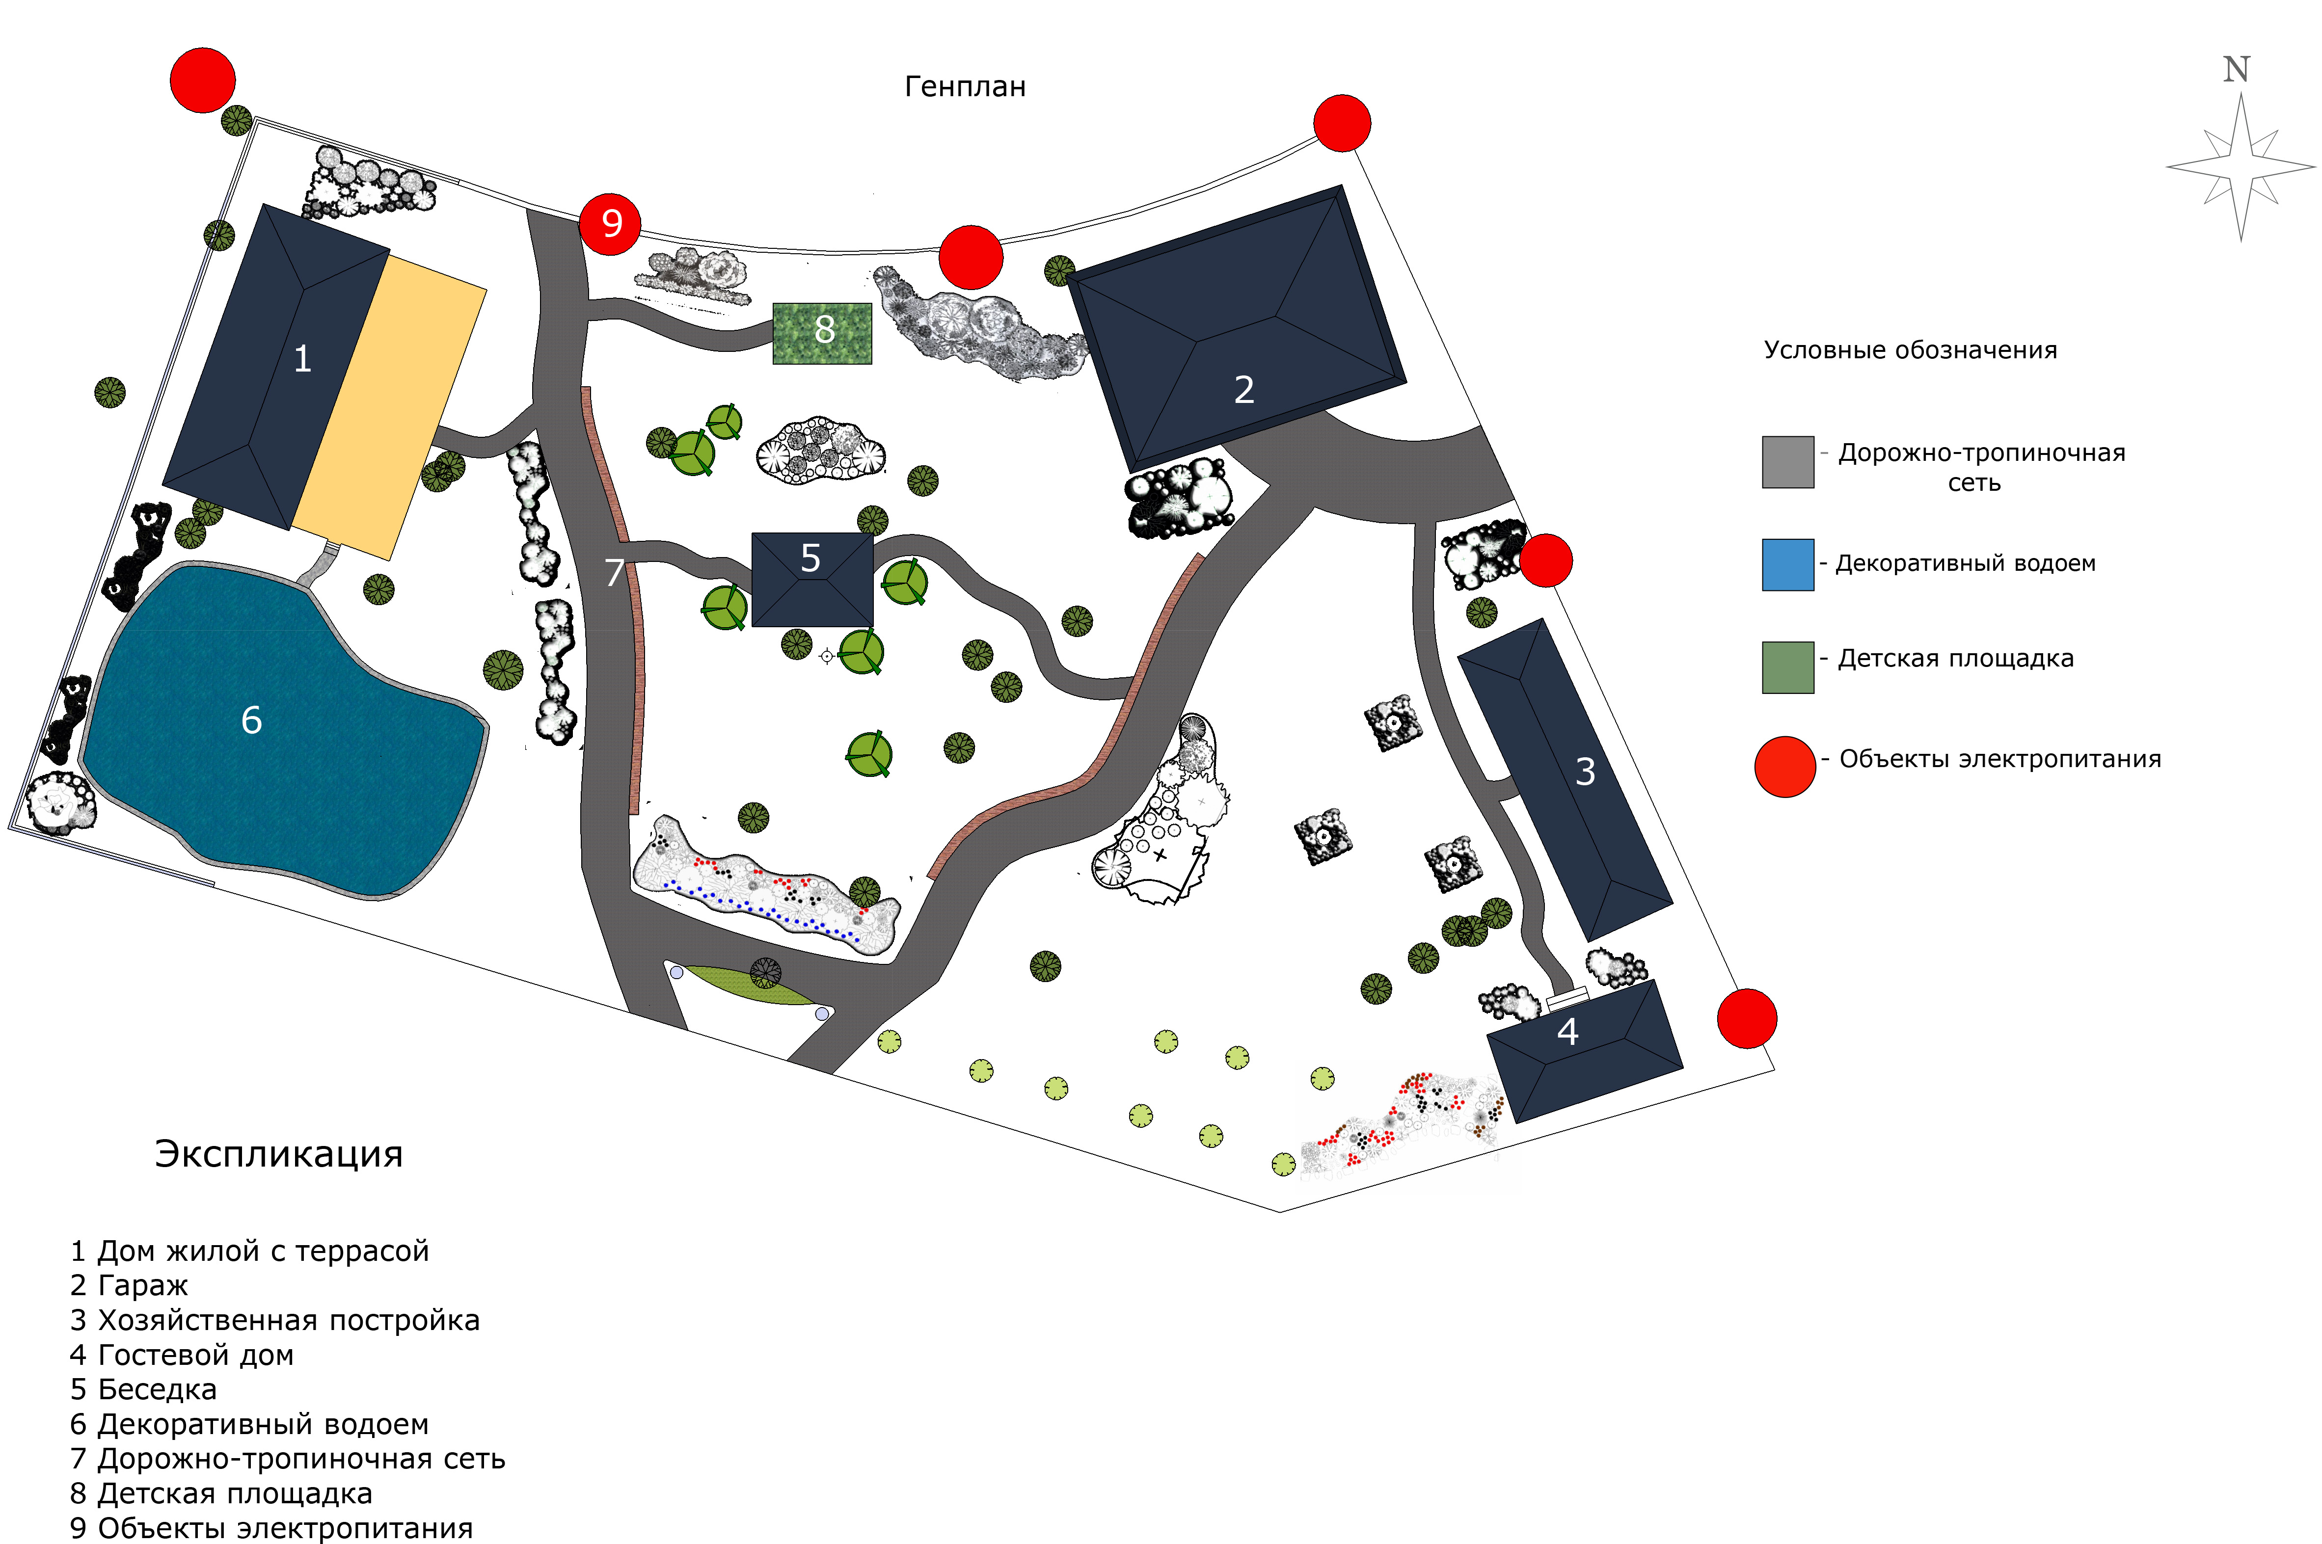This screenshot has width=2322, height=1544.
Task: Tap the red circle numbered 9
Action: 610,223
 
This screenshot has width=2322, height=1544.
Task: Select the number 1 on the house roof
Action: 302,358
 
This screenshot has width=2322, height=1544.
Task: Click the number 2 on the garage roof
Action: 1243,390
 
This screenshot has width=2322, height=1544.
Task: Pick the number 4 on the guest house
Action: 1566,1032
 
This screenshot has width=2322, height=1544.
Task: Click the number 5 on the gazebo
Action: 810,559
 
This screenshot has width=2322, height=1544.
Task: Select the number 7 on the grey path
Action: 615,572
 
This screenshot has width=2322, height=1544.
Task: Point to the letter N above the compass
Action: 2236,69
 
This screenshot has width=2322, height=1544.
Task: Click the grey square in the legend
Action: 1787,462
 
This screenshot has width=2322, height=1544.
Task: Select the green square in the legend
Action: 1787,667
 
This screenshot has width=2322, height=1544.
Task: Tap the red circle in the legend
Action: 1784,766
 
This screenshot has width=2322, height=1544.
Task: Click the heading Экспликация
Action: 279,1154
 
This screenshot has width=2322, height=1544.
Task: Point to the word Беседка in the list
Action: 158,1389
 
